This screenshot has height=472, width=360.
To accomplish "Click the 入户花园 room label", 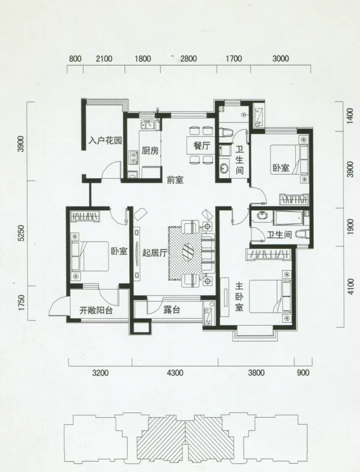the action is click(106, 140).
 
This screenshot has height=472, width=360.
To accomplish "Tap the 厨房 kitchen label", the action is click(150, 150).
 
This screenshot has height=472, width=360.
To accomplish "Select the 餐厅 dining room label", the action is click(201, 146).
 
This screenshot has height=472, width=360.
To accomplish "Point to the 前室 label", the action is click(175, 180).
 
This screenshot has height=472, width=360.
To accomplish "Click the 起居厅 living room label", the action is click(155, 253).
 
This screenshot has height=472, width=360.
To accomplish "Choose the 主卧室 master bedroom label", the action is click(239, 297).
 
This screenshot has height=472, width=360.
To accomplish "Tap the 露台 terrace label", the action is click(172, 309).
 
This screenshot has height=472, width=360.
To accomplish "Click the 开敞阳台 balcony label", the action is click(96, 310).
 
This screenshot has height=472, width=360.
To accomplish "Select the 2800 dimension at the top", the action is click(189, 58).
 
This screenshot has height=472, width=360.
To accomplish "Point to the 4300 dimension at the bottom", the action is click(175, 373).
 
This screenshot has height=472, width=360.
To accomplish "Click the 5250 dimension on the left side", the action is click(21, 233).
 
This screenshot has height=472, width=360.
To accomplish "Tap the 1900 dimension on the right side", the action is click(350, 227).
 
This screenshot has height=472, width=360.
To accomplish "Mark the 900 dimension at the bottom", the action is click(303, 373).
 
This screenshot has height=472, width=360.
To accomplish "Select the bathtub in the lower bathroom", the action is click(288, 217).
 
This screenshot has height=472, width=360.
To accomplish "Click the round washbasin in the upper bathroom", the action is click(224, 168).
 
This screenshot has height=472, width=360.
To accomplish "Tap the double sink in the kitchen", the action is click(148, 124).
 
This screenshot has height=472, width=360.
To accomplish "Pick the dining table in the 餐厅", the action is click(201, 146).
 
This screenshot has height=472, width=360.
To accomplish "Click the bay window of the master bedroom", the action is click(254, 333).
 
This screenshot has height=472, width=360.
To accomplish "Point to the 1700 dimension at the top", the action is click(234, 58).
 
